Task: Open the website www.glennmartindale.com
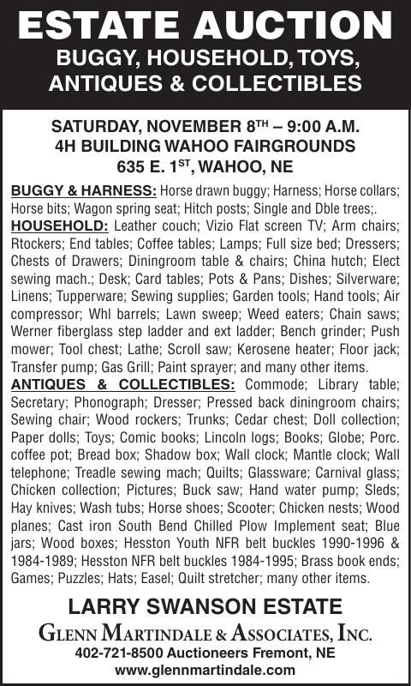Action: tap(205, 670)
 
